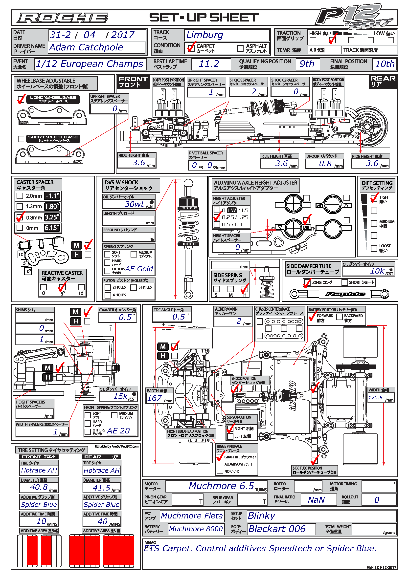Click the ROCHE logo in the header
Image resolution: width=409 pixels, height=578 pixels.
[x=63, y=18]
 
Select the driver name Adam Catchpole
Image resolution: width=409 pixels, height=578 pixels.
[x=86, y=47]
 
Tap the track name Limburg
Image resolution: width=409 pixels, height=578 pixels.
[x=204, y=35]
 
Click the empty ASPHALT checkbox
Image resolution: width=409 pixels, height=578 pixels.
[x=240, y=48]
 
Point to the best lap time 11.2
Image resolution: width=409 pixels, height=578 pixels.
[x=209, y=64]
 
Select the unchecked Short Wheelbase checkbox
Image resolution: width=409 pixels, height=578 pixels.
[x=21, y=139]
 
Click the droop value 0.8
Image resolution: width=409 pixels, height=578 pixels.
[x=325, y=164]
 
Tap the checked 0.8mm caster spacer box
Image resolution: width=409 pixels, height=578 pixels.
[x=20, y=217]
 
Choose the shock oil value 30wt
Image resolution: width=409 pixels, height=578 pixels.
[x=135, y=204]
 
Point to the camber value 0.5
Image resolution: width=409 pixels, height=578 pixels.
[x=125, y=318]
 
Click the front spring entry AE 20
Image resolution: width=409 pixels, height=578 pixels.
[x=118, y=431]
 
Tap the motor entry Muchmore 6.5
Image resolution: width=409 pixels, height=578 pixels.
[x=221, y=486]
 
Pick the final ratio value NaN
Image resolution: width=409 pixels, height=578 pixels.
[x=316, y=500]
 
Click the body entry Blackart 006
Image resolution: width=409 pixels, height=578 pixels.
[x=277, y=529]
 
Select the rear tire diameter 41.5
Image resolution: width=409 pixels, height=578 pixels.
[x=101, y=488]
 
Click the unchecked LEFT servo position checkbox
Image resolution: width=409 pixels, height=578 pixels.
[x=230, y=436]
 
